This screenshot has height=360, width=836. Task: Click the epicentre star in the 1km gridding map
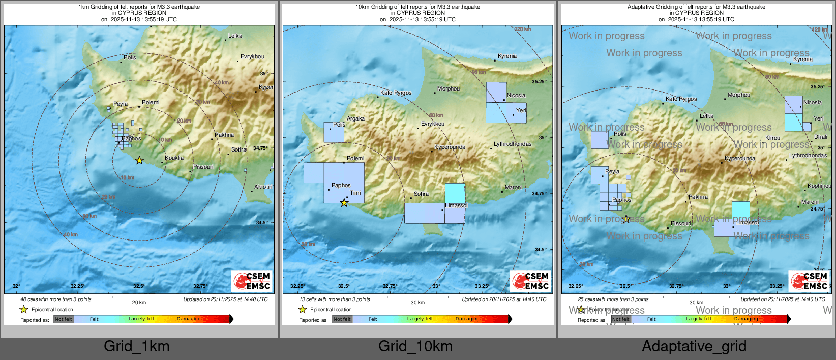139,160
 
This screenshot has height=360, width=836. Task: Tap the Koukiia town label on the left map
174,158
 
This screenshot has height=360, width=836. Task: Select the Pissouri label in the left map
203,167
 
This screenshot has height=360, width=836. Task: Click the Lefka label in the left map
235,36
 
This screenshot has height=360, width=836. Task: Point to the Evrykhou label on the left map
252,56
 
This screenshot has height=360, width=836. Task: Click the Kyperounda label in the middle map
450,147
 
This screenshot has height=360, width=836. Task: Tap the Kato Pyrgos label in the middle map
396,93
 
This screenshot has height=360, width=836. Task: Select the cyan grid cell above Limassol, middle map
455,193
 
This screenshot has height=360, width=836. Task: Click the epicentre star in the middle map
344,203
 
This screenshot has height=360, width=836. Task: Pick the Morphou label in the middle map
449,88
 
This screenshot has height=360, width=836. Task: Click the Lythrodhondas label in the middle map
513,144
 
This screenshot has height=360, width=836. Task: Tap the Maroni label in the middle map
514,187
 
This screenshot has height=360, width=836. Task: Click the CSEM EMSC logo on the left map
252,281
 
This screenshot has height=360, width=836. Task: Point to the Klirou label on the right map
772,138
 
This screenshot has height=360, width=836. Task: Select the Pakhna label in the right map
698,197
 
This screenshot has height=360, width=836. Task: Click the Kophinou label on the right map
819,186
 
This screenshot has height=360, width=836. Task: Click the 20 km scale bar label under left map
139,302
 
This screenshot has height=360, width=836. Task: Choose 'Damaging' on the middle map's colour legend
467,319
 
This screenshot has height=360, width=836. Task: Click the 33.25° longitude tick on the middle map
482,286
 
